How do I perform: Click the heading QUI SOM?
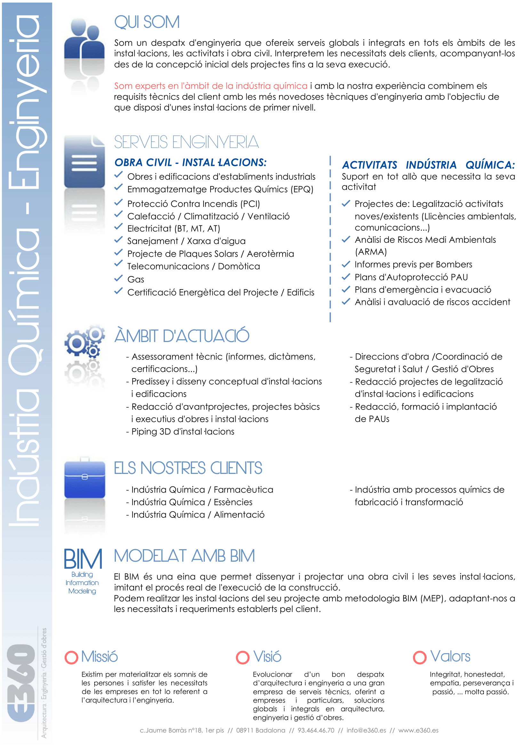[147, 22]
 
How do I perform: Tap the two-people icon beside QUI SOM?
[84, 49]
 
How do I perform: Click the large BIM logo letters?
[83, 559]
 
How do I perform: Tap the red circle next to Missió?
[71, 657]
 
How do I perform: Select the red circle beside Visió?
[243, 657]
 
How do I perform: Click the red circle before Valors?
[420, 657]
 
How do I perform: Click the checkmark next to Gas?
[118, 278]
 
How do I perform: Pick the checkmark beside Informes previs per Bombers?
[346, 264]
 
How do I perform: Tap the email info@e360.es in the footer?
[366, 730]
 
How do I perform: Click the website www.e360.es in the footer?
[418, 730]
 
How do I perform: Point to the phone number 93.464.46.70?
[316, 730]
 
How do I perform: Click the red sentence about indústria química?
[211, 86]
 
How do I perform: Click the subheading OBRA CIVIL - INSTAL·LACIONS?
[190, 162]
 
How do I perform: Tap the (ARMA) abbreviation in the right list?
[371, 252]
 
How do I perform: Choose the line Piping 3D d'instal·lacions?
[182, 432]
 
